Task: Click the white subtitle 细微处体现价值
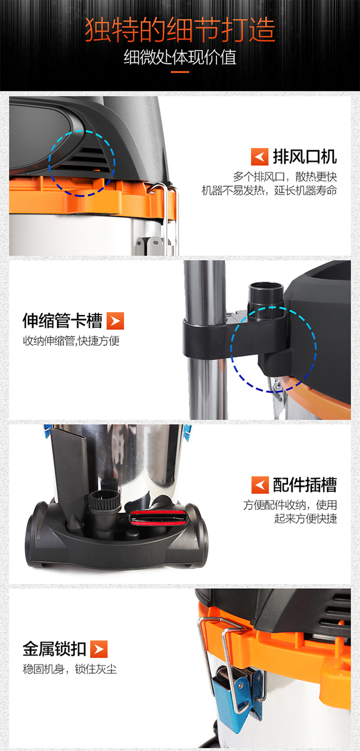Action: [180, 57]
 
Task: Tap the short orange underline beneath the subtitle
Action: [180, 72]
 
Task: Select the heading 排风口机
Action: [305, 157]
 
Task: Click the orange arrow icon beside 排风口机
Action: [260, 157]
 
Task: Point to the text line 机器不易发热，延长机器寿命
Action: [269, 190]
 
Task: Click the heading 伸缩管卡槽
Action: [63, 321]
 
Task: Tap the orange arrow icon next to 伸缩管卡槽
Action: [115, 321]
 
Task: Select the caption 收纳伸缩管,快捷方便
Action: [71, 341]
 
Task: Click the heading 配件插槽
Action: [305, 485]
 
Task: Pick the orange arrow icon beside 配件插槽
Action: [260, 485]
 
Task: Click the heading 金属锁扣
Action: [54, 649]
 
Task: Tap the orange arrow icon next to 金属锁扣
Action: [99, 649]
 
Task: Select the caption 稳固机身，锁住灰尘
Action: [70, 669]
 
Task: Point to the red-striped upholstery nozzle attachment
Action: [158, 517]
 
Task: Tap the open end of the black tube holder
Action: [266, 287]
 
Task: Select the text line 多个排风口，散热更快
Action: [285, 176]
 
